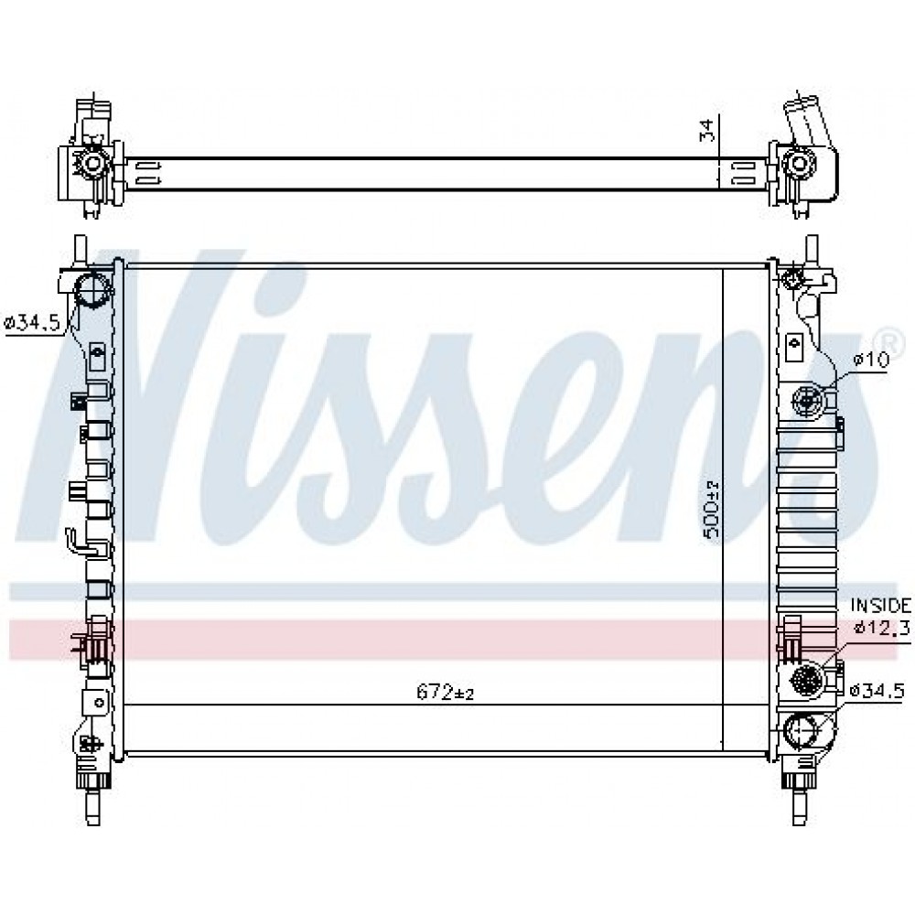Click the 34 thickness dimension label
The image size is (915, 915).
[706, 130]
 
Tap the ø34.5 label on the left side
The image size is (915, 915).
[33, 322]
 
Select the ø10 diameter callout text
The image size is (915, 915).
[871, 360]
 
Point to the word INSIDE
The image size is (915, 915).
[880, 605]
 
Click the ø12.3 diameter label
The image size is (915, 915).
[881, 628]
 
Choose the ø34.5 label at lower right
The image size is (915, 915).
[877, 692]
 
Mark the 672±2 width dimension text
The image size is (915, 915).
[445, 692]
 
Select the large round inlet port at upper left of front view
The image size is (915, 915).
[92, 289]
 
